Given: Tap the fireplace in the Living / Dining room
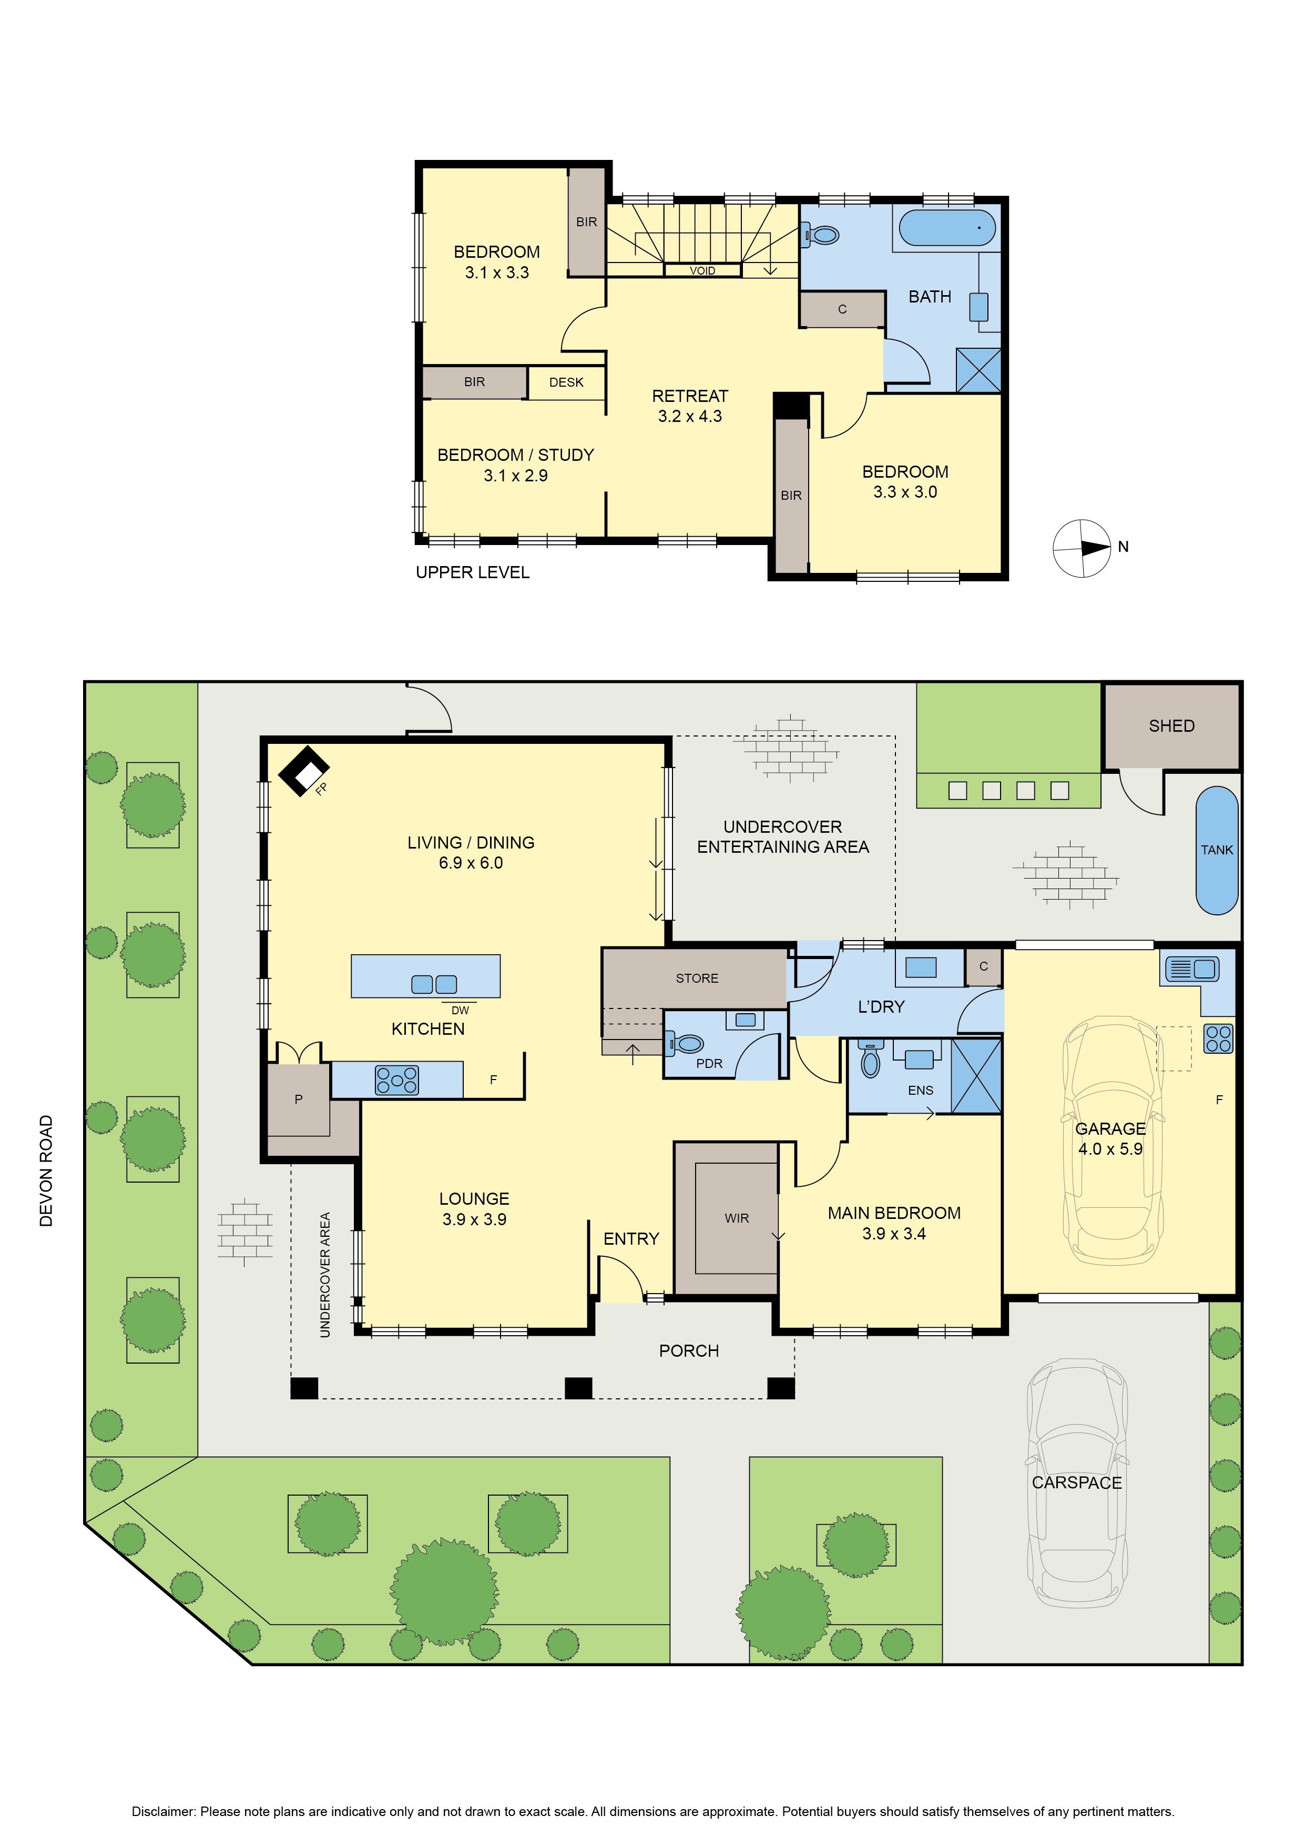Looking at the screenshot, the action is pos(304,772).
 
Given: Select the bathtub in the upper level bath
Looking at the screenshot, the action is pos(947,228).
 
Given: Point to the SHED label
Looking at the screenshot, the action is pos(1171,726).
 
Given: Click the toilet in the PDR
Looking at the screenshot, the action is pos(684,1044).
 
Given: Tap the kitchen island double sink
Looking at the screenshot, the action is pos(434,984).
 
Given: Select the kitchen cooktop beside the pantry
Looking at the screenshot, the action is pos(397,1080).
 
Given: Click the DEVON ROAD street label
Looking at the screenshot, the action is pos(46,1170).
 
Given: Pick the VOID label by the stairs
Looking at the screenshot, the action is pos(702,271).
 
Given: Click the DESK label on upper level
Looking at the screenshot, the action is pos(566,382).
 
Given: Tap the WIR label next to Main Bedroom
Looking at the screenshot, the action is pos(736,1218).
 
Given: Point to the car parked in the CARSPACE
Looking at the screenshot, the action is pos(1077,1484).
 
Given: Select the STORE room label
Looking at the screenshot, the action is pos(697,979).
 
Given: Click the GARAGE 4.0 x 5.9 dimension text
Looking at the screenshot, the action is pos(1110,1138).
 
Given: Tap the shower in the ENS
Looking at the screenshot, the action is pos(976,1076).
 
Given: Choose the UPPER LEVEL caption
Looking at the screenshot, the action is pos(473,572).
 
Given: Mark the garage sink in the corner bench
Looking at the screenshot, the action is pos(1190,969).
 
